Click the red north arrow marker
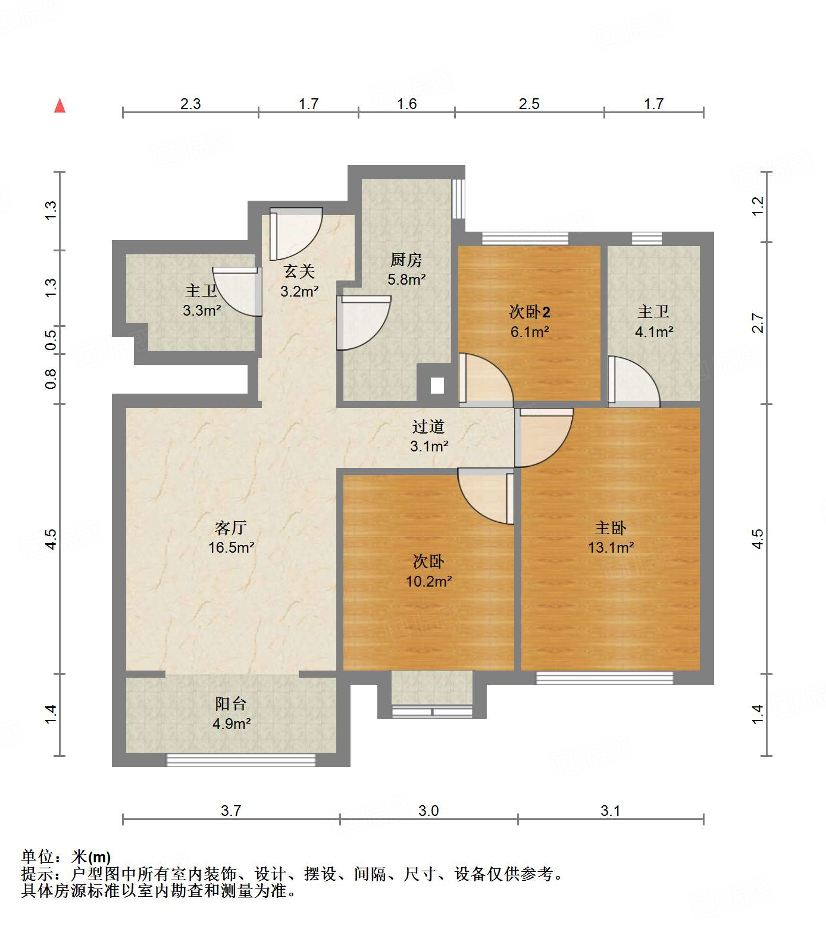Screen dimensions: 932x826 tap(60, 106)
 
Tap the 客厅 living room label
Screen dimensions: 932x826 tap(230, 528)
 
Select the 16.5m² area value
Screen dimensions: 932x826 tap(231, 547)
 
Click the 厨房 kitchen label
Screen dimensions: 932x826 tap(406, 260)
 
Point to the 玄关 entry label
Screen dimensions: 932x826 tap(299, 272)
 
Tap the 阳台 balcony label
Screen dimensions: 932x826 tap(231, 704)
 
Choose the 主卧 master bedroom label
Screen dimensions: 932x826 tap(611, 528)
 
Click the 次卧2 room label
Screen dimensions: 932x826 tap(530, 311)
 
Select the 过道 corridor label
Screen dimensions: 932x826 tap(428, 426)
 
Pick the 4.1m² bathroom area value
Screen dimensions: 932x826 tap(654, 332)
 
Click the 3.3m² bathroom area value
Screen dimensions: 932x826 tap(202, 310)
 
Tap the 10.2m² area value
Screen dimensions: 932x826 tap(428, 581)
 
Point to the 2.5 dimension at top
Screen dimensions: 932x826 tap(528, 104)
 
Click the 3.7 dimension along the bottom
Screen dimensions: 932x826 tap(231, 811)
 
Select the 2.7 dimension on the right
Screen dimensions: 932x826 tap(758, 323)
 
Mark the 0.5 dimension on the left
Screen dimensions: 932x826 tap(51, 340)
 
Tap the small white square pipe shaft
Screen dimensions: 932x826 tap(437, 386)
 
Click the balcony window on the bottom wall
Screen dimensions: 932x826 tap(240, 760)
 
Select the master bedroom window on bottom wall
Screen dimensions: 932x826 tap(605, 678)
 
